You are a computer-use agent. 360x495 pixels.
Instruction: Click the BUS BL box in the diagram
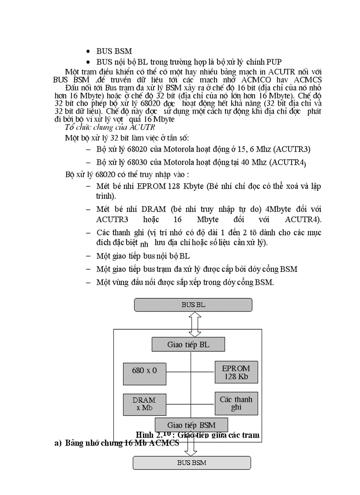(x=193, y=305)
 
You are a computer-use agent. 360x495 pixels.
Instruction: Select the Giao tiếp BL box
(x=188, y=345)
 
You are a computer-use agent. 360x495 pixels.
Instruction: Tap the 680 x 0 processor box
(x=145, y=371)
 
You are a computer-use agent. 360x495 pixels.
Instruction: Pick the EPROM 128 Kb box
(x=236, y=372)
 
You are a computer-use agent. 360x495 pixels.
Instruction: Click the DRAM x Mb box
(x=144, y=404)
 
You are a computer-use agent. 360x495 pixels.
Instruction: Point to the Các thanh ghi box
(x=236, y=403)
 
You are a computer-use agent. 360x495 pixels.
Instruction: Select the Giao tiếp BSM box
(x=191, y=425)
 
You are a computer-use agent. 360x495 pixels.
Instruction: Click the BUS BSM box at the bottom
(x=192, y=463)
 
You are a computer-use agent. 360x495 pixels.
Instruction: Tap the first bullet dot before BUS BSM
(x=89, y=52)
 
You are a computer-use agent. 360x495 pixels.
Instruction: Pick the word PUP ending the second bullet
(x=274, y=62)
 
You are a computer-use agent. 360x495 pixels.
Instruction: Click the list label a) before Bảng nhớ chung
(x=57, y=443)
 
